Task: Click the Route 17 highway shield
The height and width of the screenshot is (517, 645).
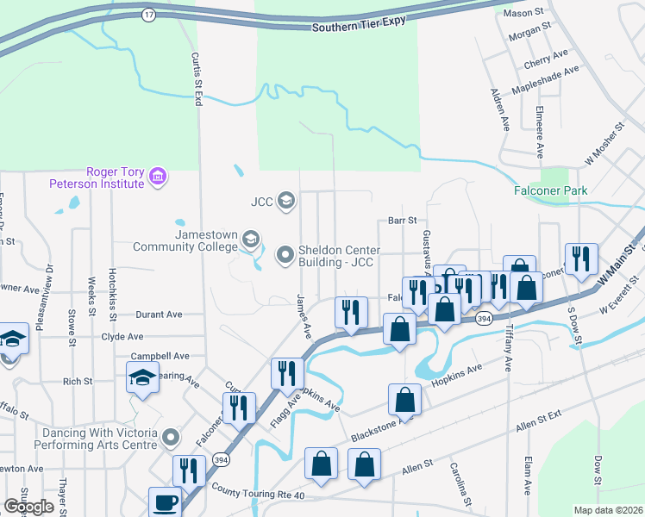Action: pyautogui.click(x=149, y=15)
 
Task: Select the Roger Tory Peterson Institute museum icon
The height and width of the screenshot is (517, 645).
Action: pyautogui.click(x=157, y=178)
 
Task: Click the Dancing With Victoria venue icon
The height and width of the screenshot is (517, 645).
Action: pyautogui.click(x=172, y=439)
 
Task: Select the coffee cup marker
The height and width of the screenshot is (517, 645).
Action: pyautogui.click(x=165, y=502)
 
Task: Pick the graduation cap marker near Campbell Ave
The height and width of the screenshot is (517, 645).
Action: pyautogui.click(x=143, y=377)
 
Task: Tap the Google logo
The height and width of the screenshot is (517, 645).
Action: pyautogui.click(x=28, y=507)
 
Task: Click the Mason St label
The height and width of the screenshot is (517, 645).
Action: pyautogui.click(x=526, y=14)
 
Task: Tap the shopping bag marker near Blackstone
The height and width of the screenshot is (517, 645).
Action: pyautogui.click(x=404, y=400)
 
